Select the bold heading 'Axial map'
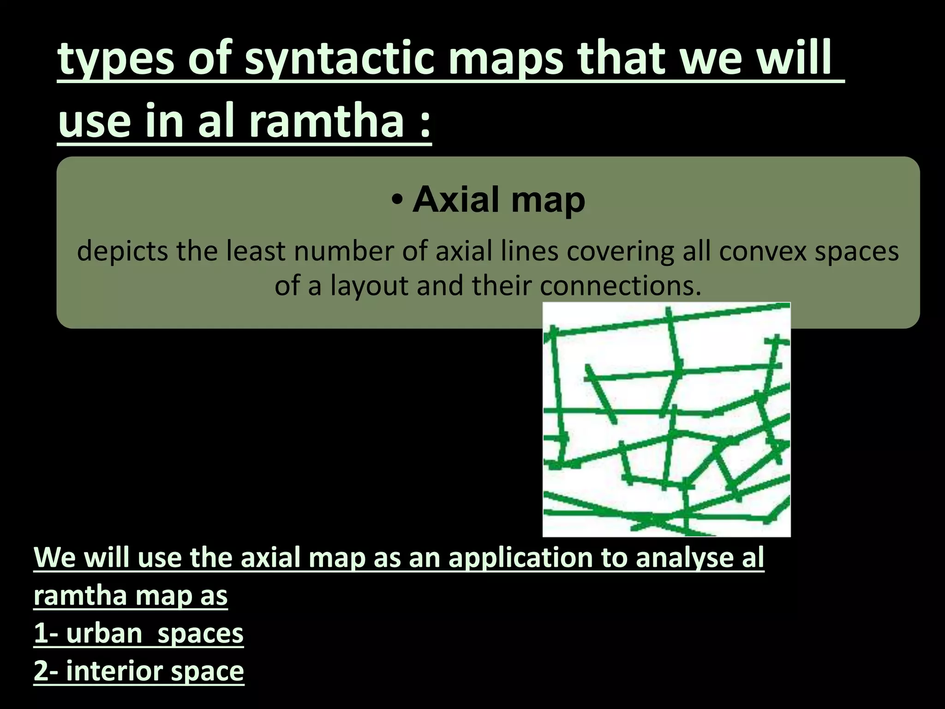499,199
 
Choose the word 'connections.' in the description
621,286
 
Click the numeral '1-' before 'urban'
46,633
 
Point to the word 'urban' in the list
104,633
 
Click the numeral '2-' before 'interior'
46,671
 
